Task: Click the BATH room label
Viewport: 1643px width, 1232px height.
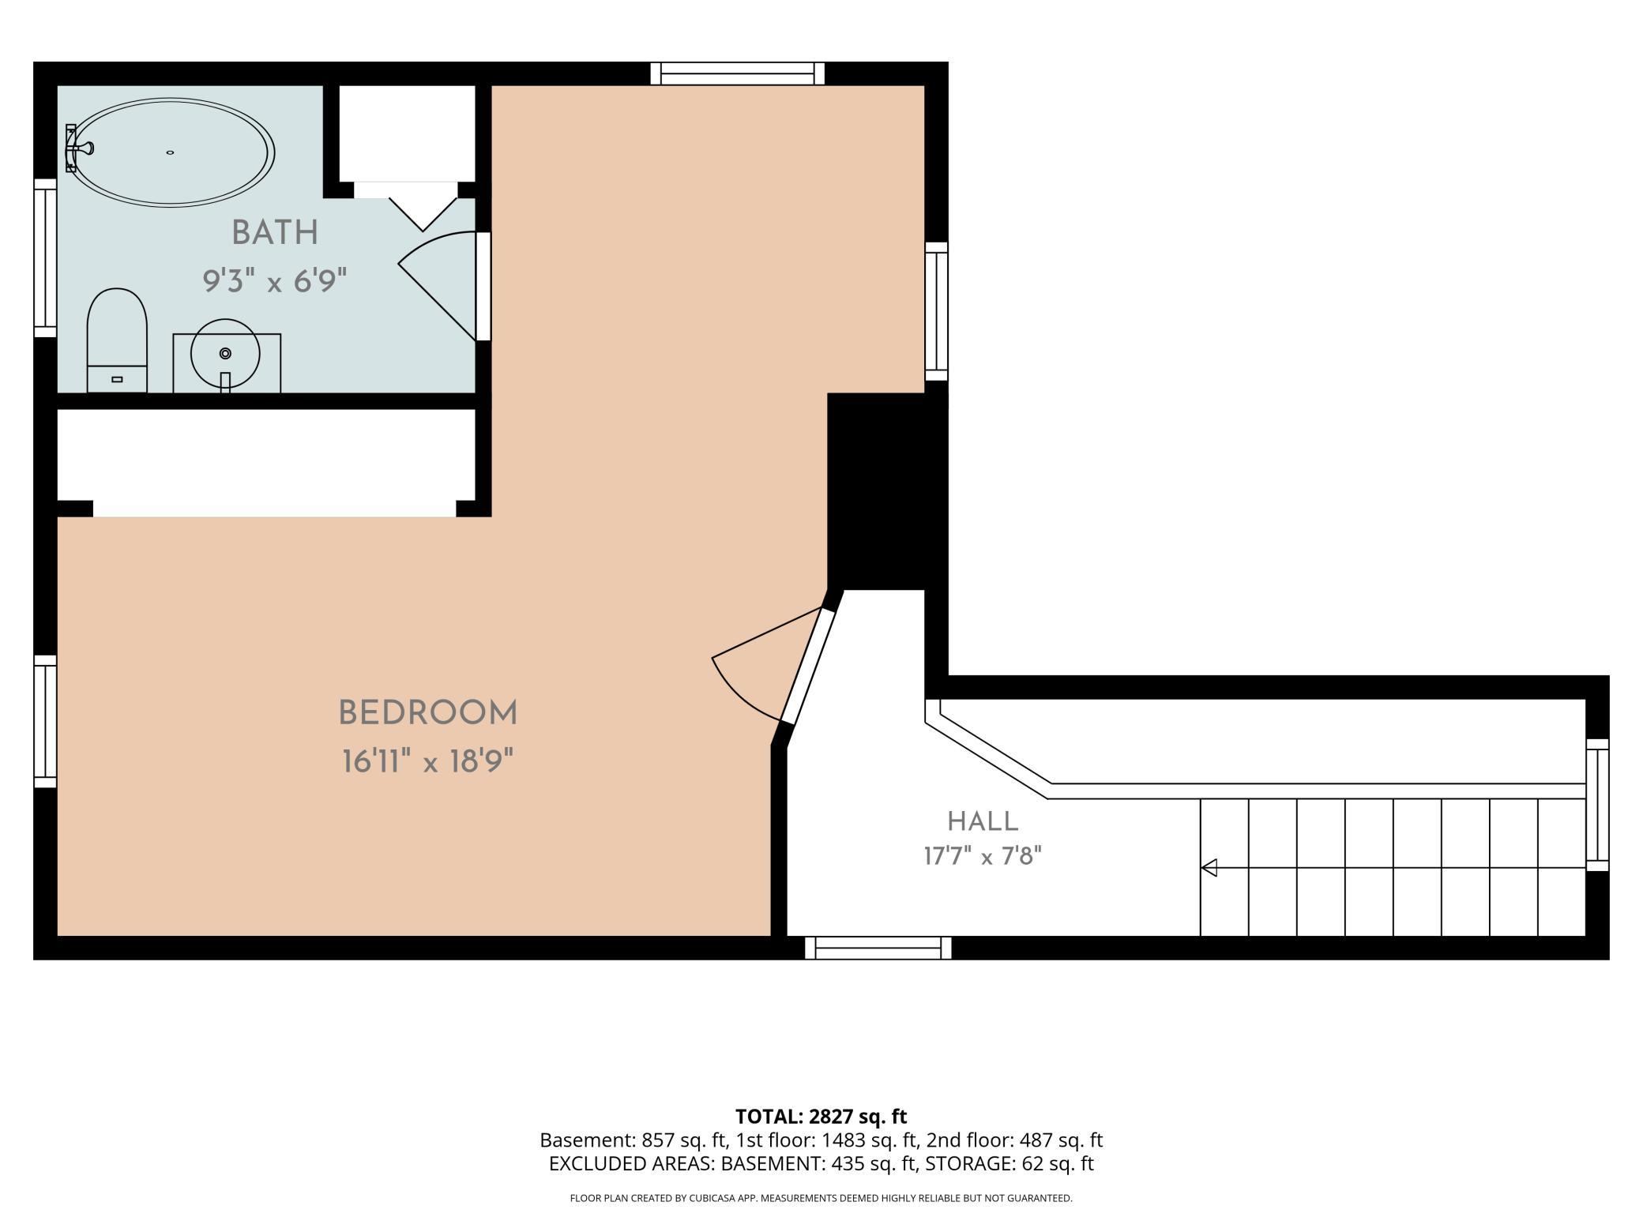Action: pos(275,233)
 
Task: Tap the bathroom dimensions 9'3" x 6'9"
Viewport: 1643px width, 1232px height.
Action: pos(275,280)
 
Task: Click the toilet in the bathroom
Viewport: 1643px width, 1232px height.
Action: pos(117,340)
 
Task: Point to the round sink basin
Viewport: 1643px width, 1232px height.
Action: pos(225,353)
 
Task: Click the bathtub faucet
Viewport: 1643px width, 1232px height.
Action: pos(79,148)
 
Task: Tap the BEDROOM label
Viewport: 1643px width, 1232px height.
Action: pos(427,713)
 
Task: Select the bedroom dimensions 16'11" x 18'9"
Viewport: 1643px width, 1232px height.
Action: pos(427,762)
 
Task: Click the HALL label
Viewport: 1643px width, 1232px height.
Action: pos(983,821)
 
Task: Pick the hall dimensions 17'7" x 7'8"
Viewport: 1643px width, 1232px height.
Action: pos(983,856)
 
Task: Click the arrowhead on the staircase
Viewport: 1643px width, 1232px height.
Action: pos(1209,868)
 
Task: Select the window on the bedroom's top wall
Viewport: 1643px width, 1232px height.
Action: pos(738,73)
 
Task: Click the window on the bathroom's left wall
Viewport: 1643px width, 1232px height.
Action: pos(45,258)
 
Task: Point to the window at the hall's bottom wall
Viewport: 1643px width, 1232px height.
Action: pos(878,948)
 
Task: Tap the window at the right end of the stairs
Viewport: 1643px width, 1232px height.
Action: pos(1597,805)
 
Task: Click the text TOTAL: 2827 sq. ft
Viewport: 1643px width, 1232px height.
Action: pos(821,1116)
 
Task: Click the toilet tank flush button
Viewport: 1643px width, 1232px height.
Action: pos(117,380)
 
